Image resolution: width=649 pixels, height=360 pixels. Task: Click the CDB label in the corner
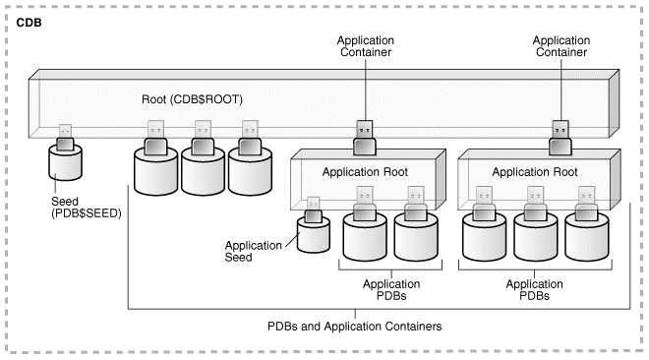(30, 22)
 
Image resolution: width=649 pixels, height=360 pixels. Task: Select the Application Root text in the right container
(533, 171)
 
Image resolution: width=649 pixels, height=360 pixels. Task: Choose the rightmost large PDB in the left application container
(414, 234)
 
